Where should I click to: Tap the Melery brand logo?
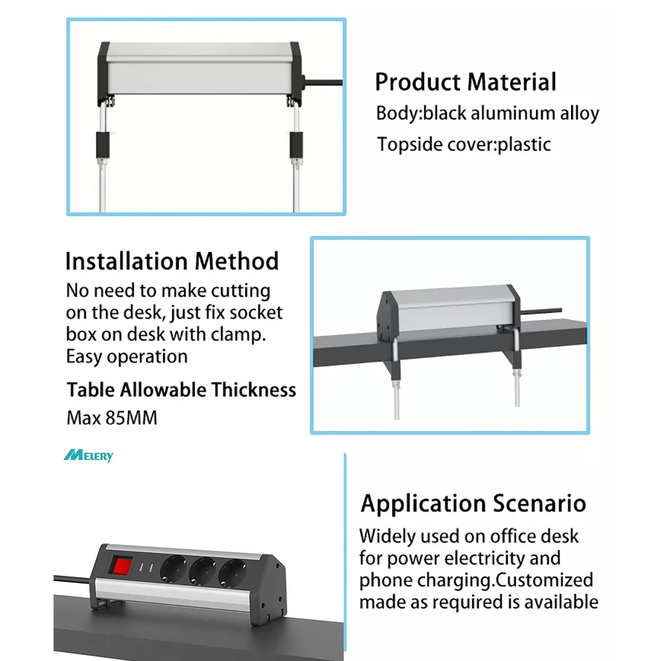click(89, 455)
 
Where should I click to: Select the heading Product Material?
click(465, 82)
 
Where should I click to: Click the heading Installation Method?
click(172, 261)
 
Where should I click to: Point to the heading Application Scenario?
click(473, 504)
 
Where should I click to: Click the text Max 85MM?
click(112, 418)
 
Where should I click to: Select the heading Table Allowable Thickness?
click(181, 390)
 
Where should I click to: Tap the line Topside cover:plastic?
click(464, 145)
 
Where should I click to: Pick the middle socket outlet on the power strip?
click(202, 570)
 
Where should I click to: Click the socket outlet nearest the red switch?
click(174, 568)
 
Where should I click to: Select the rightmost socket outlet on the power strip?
click(231, 573)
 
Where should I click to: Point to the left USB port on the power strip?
click(141, 567)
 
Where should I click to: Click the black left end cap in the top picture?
click(103, 74)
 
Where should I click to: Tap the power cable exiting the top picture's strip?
click(323, 82)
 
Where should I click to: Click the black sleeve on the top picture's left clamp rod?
click(103, 145)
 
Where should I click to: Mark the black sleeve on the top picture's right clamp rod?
click(296, 145)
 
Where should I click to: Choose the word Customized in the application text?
click(544, 580)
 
